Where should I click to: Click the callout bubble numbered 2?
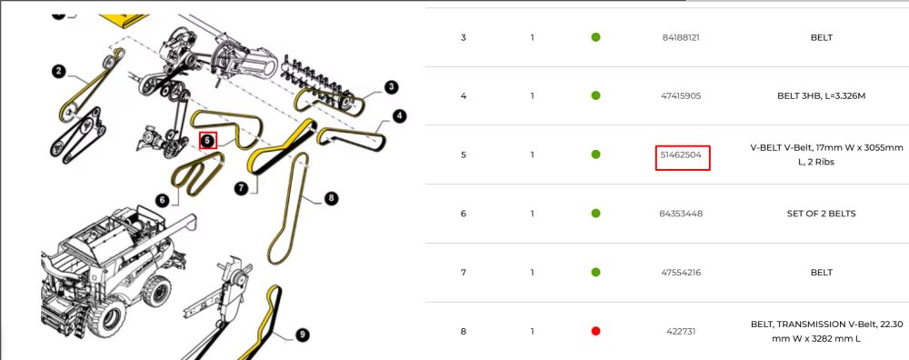tap(58, 71)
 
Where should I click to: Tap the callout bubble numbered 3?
tap(391, 87)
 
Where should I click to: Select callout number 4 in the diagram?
tap(399, 116)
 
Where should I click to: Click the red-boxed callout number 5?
tap(208, 140)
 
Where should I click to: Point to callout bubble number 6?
tap(163, 200)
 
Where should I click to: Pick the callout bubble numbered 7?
tap(241, 188)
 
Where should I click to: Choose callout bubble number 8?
tap(331, 198)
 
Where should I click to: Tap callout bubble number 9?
tap(302, 335)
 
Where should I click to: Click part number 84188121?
tap(681, 37)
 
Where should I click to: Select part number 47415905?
tap(681, 95)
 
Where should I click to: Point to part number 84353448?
tap(681, 214)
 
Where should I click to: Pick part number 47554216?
tap(681, 273)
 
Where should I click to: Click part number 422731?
tap(681, 332)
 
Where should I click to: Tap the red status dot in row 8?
tap(595, 331)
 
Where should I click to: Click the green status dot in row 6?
tap(595, 214)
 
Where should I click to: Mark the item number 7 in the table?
tap(464, 273)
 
